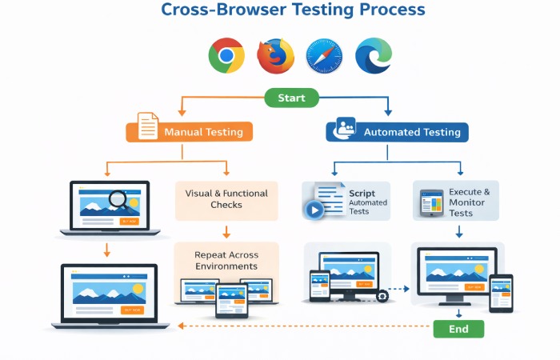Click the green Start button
tap(291, 98)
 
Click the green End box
tap(458, 328)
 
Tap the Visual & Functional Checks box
tap(226, 199)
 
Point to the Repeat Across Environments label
tap(226, 260)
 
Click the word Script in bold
tap(362, 194)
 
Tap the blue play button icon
tap(314, 210)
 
